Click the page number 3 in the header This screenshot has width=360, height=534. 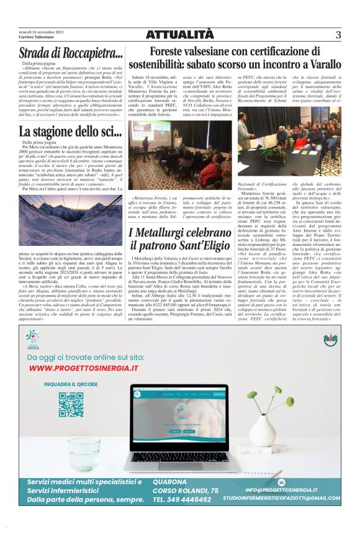[338, 35]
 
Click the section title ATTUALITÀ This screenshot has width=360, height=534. [179, 35]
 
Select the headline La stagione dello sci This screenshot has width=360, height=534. [70, 131]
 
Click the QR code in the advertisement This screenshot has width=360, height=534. [71, 404]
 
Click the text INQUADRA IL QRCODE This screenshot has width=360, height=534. [71, 384]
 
